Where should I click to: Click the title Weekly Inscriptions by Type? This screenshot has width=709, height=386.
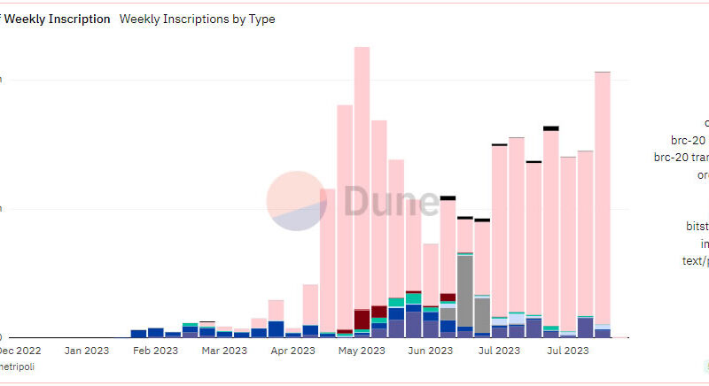click(197, 19)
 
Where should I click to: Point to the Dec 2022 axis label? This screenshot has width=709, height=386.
click(19, 351)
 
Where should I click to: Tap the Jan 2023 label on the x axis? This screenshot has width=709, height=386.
click(86, 351)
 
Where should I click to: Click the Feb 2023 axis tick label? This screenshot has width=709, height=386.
click(155, 351)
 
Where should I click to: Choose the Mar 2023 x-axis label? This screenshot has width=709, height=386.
click(223, 351)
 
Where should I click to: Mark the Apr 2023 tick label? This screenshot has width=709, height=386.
click(292, 351)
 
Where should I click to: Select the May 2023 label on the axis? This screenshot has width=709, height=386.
click(361, 351)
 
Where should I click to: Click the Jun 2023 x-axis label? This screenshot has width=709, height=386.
click(430, 351)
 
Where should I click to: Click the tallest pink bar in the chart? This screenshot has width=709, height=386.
click(362, 177)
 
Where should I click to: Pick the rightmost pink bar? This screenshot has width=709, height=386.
click(603, 195)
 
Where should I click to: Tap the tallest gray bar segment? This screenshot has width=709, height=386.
click(464, 292)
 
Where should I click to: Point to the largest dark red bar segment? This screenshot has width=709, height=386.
click(362, 319)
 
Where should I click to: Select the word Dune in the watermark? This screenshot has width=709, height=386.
click(390, 202)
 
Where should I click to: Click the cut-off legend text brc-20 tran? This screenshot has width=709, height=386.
click(682, 158)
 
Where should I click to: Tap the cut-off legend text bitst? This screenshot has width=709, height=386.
click(697, 227)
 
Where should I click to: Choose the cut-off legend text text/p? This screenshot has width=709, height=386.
click(694, 261)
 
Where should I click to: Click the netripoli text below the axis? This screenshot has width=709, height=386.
click(17, 367)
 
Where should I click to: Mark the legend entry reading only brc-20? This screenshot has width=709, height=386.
click(690, 140)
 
